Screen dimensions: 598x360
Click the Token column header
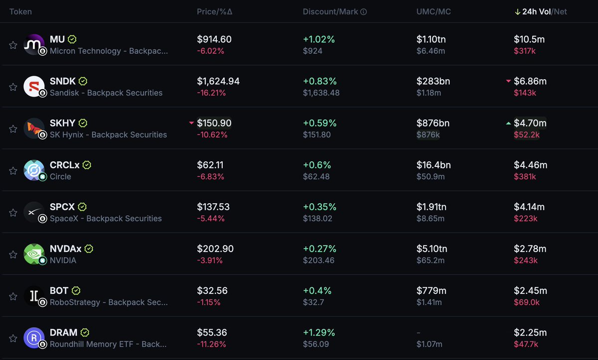20,12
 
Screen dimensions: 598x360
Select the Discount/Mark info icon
363,12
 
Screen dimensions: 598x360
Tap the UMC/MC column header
434,12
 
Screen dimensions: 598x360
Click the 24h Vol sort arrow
517,12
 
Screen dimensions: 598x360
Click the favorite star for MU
13,45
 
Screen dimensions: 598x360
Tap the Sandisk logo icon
34,87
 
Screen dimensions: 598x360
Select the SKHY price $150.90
214,123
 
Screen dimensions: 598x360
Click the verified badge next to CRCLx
87,165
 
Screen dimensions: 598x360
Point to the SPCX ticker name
62,207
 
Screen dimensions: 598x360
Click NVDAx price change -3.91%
210,260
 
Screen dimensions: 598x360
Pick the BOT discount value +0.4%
317,290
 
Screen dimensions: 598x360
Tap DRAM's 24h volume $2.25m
530,332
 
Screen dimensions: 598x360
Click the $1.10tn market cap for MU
431,39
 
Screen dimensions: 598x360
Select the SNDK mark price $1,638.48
321,93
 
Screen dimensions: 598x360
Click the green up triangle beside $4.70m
508,123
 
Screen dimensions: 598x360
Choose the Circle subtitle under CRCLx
60,177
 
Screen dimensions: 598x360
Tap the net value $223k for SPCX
526,219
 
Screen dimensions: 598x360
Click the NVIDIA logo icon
34,254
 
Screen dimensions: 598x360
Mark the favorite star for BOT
13,296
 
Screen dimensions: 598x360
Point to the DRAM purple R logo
34,338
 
